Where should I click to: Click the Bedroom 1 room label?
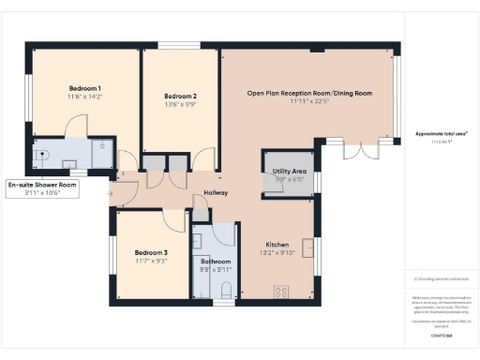(85, 87)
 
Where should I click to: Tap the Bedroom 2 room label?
(180, 96)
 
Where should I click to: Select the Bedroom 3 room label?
(150, 252)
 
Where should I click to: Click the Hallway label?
(217, 194)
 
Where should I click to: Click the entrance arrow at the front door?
(113, 193)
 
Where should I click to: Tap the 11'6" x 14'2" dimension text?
(85, 97)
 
